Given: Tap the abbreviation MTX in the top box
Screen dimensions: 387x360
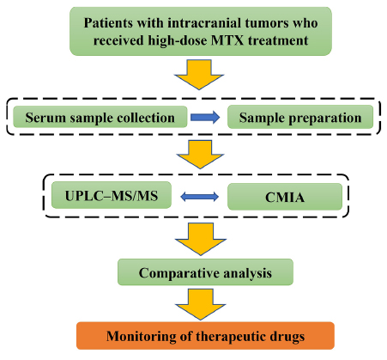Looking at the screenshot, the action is [227, 40].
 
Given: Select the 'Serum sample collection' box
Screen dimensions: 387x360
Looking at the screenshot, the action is [100, 117].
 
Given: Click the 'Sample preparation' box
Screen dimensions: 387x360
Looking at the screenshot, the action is [300, 117].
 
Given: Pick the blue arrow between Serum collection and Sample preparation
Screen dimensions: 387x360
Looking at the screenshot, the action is [205, 117].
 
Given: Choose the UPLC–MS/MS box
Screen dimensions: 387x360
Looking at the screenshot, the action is [112, 195].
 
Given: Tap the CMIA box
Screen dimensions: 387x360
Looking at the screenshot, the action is [285, 197].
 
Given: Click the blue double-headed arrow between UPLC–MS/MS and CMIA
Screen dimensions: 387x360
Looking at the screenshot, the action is [200, 197].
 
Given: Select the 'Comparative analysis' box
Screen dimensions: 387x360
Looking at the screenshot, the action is [205, 272].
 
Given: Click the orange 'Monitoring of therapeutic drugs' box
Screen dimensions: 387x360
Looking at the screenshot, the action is [205, 336].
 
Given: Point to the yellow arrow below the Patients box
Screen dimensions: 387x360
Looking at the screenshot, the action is [199, 75].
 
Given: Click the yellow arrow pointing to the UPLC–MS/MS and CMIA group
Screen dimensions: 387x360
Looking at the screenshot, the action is [200, 155].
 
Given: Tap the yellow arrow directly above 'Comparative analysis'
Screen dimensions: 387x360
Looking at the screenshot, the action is [201, 239].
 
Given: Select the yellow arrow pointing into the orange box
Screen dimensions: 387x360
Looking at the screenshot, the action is [201, 304].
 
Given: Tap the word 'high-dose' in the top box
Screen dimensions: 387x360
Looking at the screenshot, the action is [178, 40].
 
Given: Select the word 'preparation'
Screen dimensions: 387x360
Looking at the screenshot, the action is [324, 118].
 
